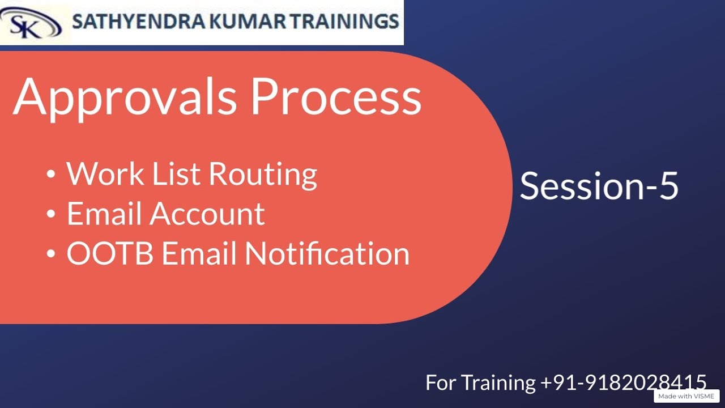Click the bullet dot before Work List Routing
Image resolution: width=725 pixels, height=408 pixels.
(52, 175)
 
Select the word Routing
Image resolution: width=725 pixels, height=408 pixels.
(263, 175)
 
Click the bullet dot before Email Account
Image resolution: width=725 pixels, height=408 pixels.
(52, 215)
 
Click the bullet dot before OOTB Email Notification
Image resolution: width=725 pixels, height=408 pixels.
(52, 254)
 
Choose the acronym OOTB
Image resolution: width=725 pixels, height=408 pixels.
(110, 253)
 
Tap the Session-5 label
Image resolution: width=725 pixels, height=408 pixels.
(599, 186)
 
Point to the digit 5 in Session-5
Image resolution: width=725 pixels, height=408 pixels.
(668, 186)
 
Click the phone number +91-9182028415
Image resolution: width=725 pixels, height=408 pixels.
(624, 382)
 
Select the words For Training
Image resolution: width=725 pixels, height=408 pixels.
(480, 383)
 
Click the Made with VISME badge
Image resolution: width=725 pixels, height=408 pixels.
(686, 396)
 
